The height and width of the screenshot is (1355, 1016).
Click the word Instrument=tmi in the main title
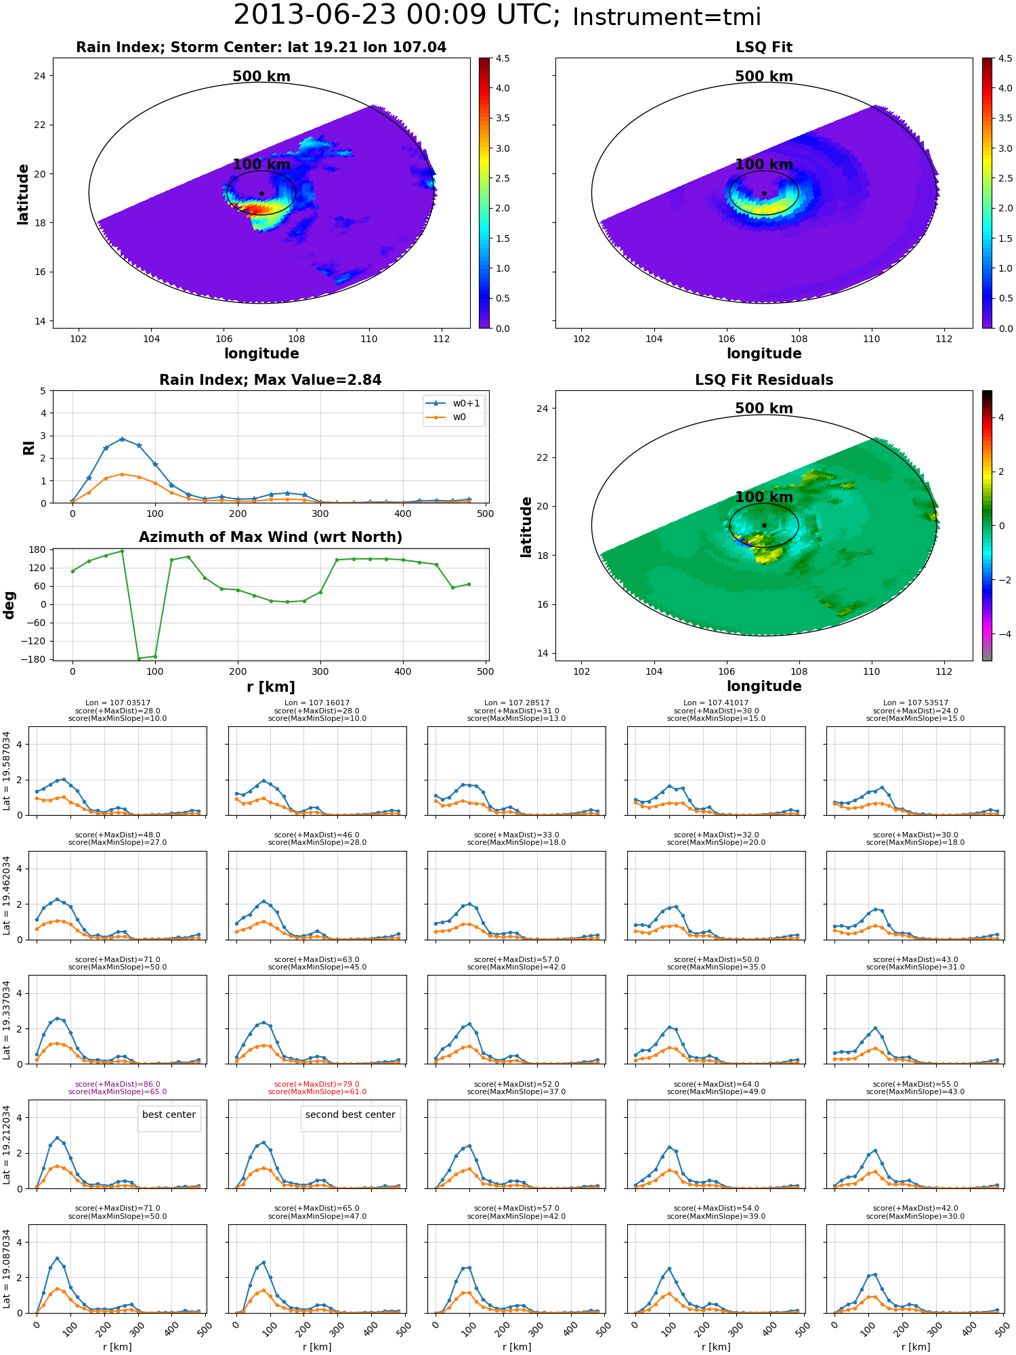point(666,18)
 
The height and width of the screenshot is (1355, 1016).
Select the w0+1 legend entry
point(453,403)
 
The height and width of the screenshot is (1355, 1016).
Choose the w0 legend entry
point(446,417)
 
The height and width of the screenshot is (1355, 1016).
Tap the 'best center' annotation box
point(169,1115)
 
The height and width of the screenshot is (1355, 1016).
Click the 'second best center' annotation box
point(350,1115)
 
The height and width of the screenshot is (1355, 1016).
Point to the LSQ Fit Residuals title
point(764,380)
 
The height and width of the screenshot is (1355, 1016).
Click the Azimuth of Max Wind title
point(270,537)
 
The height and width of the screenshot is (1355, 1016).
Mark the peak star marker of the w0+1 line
point(122,439)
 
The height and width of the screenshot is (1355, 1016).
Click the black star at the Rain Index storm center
point(261,193)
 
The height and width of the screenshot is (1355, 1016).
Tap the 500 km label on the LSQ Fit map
point(764,77)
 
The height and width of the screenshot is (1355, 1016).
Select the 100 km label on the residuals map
point(764,497)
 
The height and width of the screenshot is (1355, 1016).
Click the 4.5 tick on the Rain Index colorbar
point(503,58)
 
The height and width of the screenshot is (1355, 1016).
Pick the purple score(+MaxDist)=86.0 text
point(118,1084)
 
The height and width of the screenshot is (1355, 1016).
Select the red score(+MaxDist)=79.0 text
point(317,1084)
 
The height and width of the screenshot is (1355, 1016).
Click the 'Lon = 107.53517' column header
point(916,703)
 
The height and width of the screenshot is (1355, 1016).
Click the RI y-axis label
point(29,447)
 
